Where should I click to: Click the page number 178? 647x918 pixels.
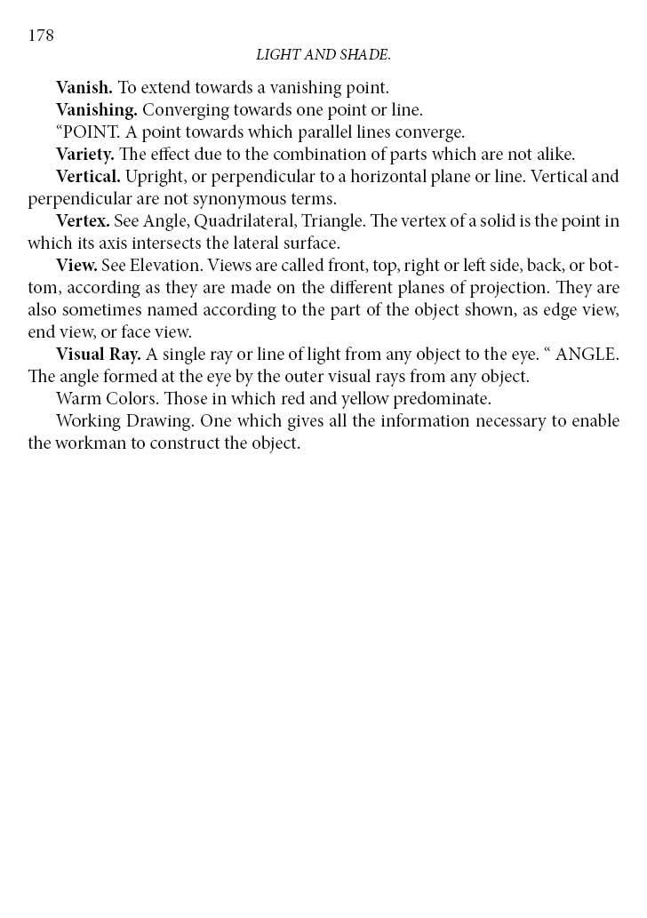[41, 36]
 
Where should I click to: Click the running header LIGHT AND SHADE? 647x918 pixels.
[323, 55]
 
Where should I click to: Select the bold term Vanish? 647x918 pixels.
[84, 88]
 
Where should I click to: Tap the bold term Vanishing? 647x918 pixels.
[97, 110]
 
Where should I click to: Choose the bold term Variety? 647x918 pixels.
[85, 155]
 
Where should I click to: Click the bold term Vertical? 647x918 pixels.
[88, 176]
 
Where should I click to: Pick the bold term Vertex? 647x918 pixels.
[83, 220]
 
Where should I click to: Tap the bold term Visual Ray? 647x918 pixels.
[99, 354]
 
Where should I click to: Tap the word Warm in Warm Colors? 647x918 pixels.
[76, 398]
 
